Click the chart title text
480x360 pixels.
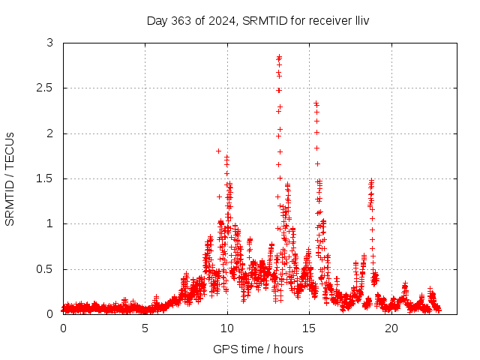(257, 20)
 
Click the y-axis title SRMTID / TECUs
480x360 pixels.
(10, 178)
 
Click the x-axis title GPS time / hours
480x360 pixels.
(258, 349)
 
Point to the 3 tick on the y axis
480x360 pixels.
(49, 43)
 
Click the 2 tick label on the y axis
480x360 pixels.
(49, 133)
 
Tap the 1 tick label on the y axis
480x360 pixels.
(49, 223)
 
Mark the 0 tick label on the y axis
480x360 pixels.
(49, 314)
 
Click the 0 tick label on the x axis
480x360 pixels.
(63, 328)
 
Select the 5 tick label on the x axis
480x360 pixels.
(145, 328)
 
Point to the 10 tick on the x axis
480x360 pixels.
(227, 328)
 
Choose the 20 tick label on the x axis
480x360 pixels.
(391, 328)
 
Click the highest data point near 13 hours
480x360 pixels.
(279, 56)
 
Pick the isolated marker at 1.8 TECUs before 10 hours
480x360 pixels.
(218, 151)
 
